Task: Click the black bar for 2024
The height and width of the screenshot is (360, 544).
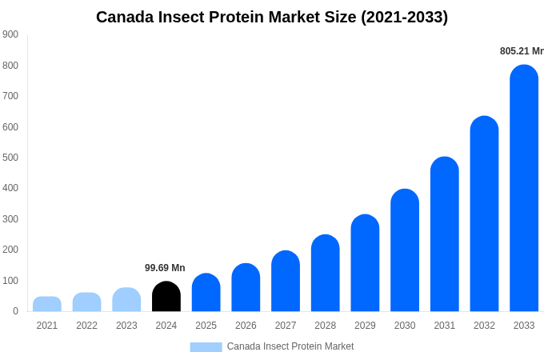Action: [166, 297]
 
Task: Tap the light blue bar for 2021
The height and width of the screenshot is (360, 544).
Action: [47, 304]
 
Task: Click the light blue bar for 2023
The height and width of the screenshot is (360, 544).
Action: [126, 300]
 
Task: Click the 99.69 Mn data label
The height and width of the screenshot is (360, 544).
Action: [165, 268]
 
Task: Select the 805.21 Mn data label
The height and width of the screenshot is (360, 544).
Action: [521, 51]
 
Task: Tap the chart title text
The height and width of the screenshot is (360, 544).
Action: [272, 17]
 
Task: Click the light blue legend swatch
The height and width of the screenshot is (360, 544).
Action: [206, 347]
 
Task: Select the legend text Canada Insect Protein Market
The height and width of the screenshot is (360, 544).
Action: [290, 346]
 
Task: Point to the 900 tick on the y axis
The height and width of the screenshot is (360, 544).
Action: [10, 34]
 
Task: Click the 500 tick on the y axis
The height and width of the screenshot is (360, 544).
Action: [10, 158]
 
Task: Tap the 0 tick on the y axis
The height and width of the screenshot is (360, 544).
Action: [15, 311]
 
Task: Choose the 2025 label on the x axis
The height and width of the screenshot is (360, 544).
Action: [206, 326]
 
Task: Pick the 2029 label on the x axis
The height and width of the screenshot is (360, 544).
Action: [365, 326]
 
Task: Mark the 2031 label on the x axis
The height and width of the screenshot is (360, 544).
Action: [444, 326]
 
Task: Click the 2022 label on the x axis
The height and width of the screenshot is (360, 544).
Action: [86, 326]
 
